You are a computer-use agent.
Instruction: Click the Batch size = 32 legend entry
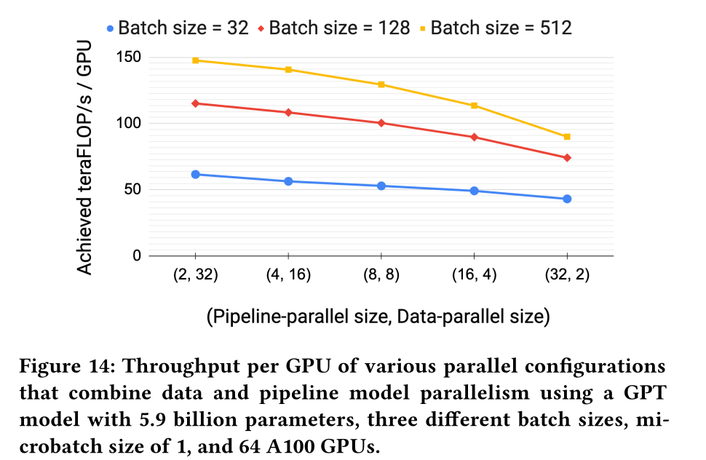click(x=177, y=28)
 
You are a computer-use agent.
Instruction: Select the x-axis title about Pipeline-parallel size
click(x=377, y=317)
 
